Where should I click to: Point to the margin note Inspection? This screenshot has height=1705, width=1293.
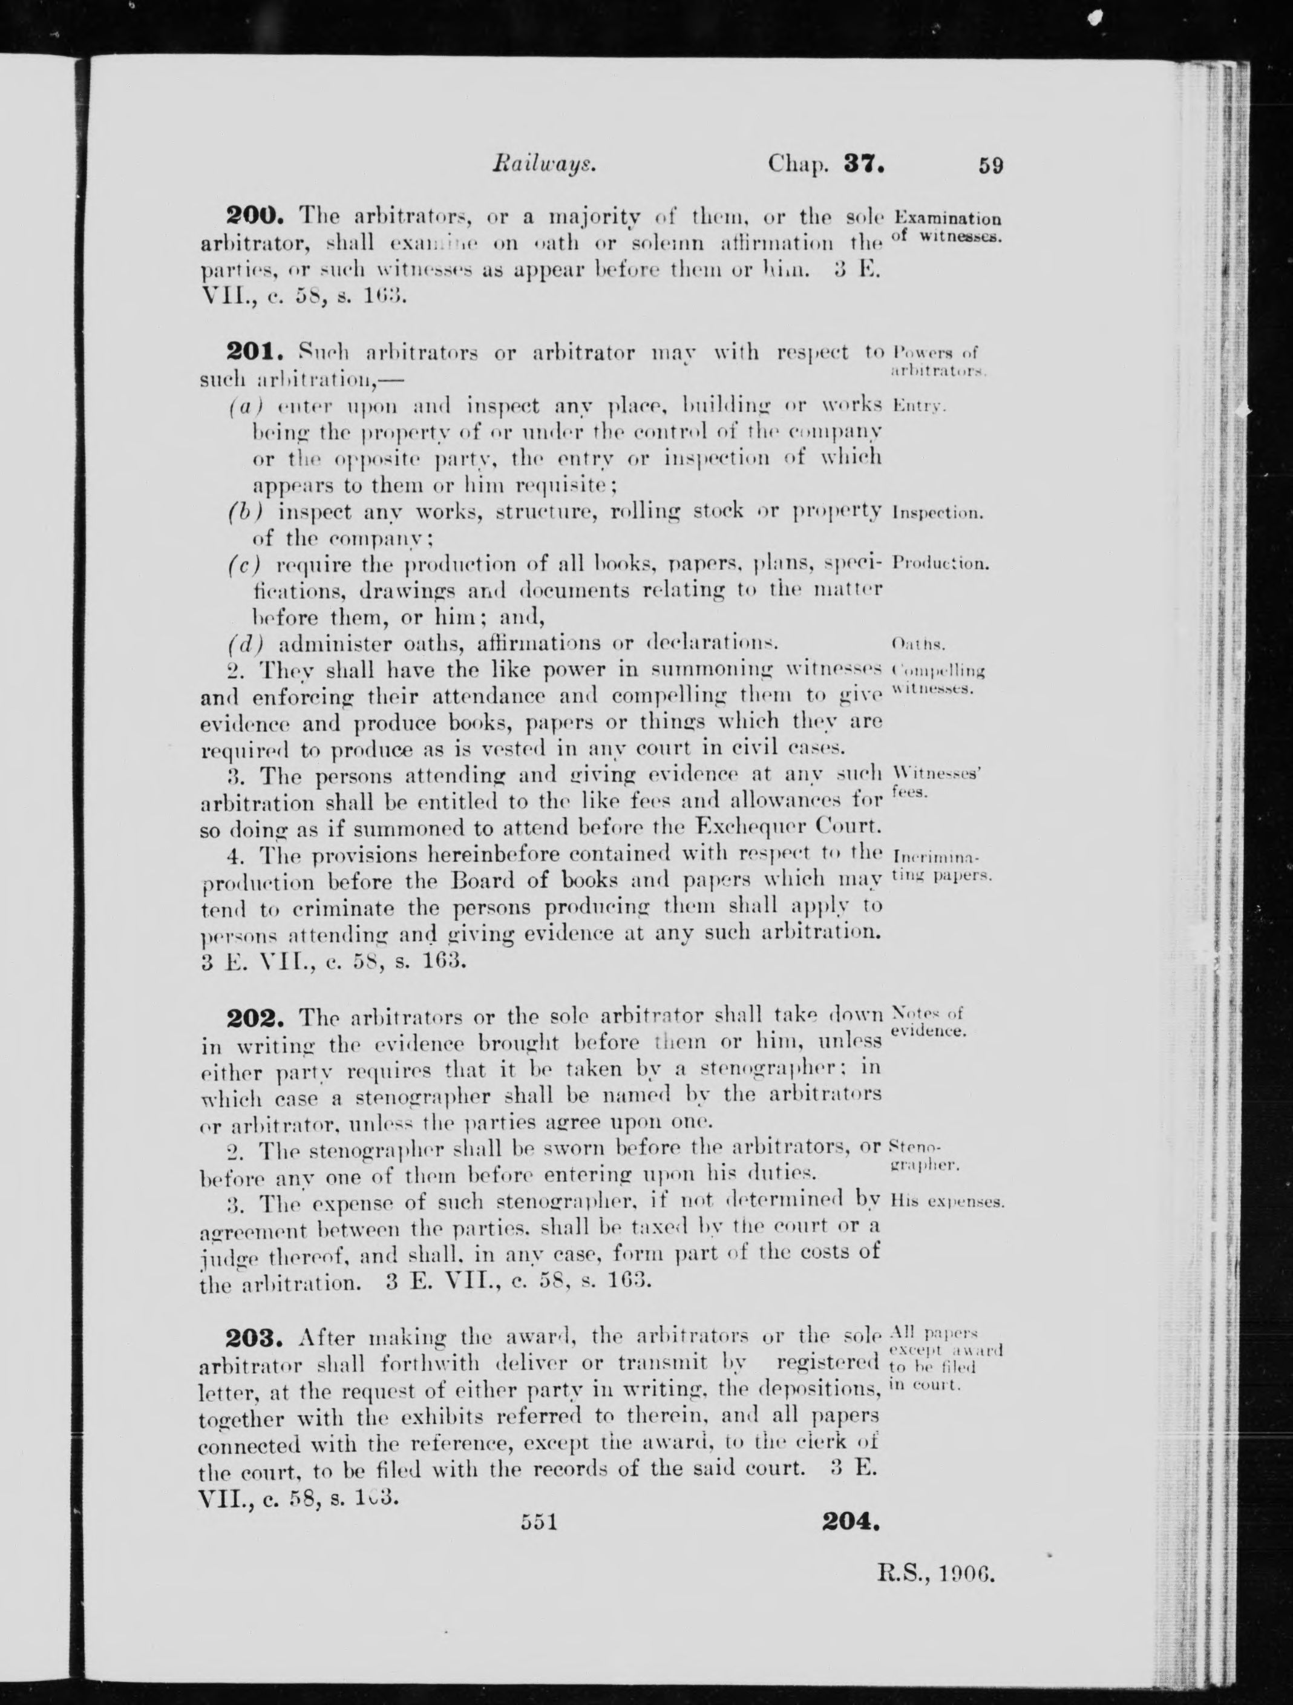936,513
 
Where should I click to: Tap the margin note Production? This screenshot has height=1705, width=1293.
940,563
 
